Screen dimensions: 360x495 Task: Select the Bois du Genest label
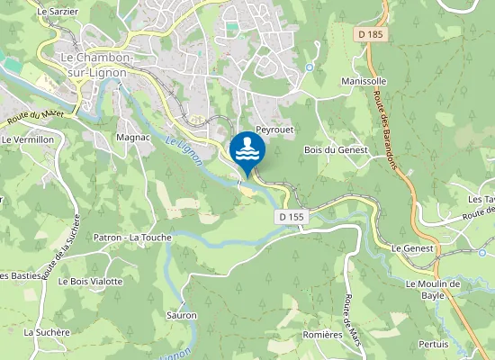click(x=336, y=149)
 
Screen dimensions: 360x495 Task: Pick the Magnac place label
click(x=132, y=138)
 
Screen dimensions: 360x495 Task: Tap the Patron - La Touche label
click(x=132, y=238)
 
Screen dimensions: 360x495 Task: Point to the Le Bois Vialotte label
click(x=90, y=282)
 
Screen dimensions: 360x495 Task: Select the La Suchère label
click(x=47, y=332)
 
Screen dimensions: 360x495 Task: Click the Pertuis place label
click(x=434, y=344)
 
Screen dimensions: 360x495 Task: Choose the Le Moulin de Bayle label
click(x=432, y=289)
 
